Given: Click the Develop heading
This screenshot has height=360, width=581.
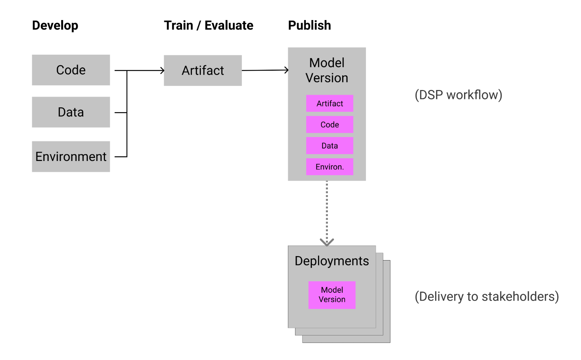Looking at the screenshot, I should (x=55, y=25).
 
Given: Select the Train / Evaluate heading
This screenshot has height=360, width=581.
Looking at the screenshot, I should (x=208, y=25).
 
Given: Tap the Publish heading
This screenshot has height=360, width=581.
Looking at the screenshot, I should (x=309, y=25).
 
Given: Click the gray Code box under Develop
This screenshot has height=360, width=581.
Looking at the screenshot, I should (x=71, y=70).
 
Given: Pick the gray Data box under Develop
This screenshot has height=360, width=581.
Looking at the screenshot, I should (x=71, y=112).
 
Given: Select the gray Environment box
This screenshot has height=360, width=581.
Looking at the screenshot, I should (x=71, y=157).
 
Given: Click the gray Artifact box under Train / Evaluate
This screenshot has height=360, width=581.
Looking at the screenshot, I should (x=203, y=71).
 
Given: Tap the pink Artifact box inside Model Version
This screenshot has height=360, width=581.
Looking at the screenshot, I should (x=330, y=104).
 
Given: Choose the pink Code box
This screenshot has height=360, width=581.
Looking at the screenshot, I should (x=330, y=125).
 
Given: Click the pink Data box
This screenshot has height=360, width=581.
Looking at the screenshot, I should (x=330, y=146).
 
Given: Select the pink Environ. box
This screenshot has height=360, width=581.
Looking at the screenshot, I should (x=330, y=167).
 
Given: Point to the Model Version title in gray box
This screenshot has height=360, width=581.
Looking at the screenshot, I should (x=327, y=70).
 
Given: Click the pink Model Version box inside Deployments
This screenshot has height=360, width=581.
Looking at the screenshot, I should (x=332, y=295).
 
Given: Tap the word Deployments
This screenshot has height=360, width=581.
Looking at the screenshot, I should (x=332, y=261).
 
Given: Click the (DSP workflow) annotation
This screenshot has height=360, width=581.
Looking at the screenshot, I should (x=458, y=95).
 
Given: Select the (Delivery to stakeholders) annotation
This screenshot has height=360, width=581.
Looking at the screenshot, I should (x=487, y=296).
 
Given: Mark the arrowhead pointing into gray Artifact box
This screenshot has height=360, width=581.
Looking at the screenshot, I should (x=162, y=71).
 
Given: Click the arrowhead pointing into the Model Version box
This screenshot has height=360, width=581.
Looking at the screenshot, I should (x=286, y=70).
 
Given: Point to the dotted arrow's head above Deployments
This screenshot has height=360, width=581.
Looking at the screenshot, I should (x=327, y=242).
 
